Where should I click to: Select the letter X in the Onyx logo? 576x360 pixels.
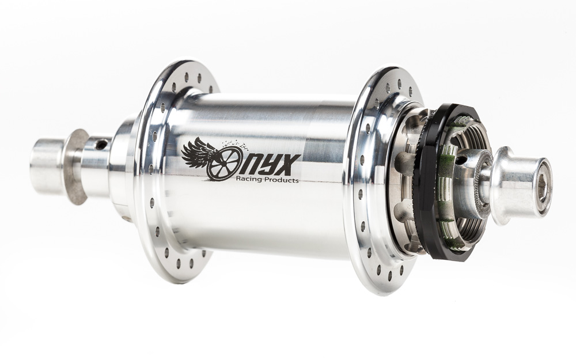[x=290, y=165]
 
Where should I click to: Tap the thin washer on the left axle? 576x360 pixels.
[x=77, y=167]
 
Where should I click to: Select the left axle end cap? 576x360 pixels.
[x=48, y=166]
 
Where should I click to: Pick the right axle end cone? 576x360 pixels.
[x=522, y=185]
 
